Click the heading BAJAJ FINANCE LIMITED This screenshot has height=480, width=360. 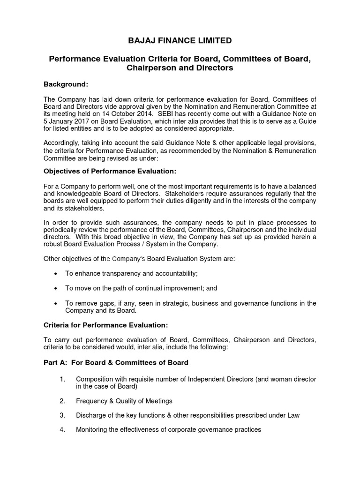(x=180, y=41)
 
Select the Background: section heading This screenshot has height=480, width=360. (x=66, y=84)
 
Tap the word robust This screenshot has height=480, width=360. (x=53, y=244)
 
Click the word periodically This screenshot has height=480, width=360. (x=62, y=230)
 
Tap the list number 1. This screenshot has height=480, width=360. (x=62, y=379)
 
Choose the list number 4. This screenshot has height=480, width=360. (x=62, y=429)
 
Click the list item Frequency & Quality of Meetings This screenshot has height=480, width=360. (x=124, y=401)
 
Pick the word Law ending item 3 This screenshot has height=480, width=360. (x=292, y=415)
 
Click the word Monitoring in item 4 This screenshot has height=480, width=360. (x=91, y=429)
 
